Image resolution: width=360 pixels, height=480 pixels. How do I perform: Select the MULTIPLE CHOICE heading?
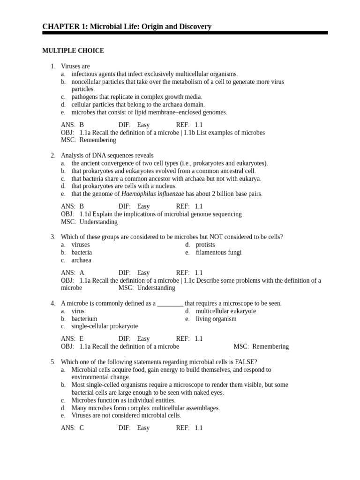tap(73, 51)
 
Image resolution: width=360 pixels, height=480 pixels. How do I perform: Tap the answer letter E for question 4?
tap(82, 338)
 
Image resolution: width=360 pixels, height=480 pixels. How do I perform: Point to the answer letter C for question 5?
tap(82, 427)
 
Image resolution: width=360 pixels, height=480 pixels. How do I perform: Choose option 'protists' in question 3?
tap(205, 245)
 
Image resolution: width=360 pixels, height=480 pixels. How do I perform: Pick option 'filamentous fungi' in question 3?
tap(218, 252)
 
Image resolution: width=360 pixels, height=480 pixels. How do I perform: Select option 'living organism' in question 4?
tap(216, 319)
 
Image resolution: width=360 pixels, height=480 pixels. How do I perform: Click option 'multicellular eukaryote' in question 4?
tap(226, 311)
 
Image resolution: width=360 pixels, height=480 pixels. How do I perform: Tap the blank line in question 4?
tap(170, 303)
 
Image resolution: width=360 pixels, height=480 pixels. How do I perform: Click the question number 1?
tap(53, 67)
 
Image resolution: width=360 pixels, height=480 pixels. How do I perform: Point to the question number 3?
tap(53, 237)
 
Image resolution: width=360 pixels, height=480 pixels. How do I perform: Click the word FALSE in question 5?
tap(245, 361)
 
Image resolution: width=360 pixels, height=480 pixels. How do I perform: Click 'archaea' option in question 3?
tap(81, 260)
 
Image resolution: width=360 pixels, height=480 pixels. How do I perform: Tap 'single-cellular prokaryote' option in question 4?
tap(105, 326)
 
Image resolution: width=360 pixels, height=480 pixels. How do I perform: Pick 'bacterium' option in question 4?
tap(84, 319)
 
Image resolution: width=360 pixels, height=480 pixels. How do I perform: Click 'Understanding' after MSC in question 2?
tap(98, 222)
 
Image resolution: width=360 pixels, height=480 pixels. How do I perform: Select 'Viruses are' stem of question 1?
tap(75, 67)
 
